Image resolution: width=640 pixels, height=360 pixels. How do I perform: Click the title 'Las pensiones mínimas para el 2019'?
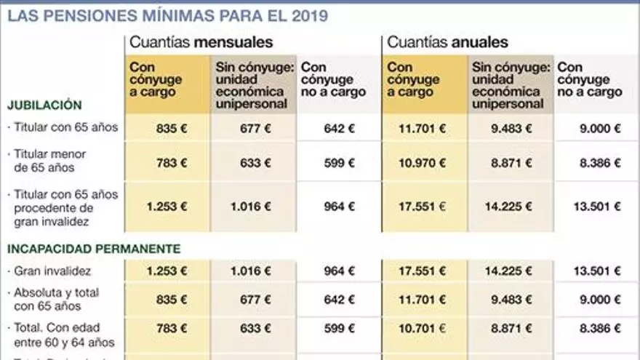(x=168, y=15)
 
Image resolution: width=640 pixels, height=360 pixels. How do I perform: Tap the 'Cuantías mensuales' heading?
(x=201, y=43)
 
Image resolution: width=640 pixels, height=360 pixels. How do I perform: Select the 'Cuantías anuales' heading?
(x=447, y=43)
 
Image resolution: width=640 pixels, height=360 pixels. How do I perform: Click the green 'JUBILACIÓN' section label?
(x=44, y=105)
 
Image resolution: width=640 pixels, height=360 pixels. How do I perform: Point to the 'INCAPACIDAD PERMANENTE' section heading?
(x=94, y=248)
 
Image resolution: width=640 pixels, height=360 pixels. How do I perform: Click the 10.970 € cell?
(x=422, y=163)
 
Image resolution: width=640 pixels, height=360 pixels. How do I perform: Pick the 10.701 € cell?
(x=422, y=329)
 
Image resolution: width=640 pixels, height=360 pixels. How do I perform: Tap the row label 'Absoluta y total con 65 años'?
(x=57, y=299)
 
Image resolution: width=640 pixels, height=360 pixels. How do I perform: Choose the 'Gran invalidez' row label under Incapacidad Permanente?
(x=52, y=271)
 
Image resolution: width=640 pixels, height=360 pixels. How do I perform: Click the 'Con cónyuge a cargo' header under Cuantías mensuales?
(x=156, y=79)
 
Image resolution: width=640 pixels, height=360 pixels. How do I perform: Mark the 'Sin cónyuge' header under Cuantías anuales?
(x=509, y=85)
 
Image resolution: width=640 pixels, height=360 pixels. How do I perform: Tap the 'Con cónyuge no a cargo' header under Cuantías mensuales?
(x=333, y=79)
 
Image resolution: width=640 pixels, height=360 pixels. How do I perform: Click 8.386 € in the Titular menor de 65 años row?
(x=600, y=163)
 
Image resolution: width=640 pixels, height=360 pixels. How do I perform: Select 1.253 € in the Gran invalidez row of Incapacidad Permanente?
(x=167, y=271)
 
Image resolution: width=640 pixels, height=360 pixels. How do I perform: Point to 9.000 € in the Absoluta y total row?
(x=600, y=299)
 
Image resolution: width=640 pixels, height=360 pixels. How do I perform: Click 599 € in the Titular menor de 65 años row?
(x=340, y=163)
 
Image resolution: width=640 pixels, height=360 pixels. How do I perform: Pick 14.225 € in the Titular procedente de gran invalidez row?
(x=509, y=206)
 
